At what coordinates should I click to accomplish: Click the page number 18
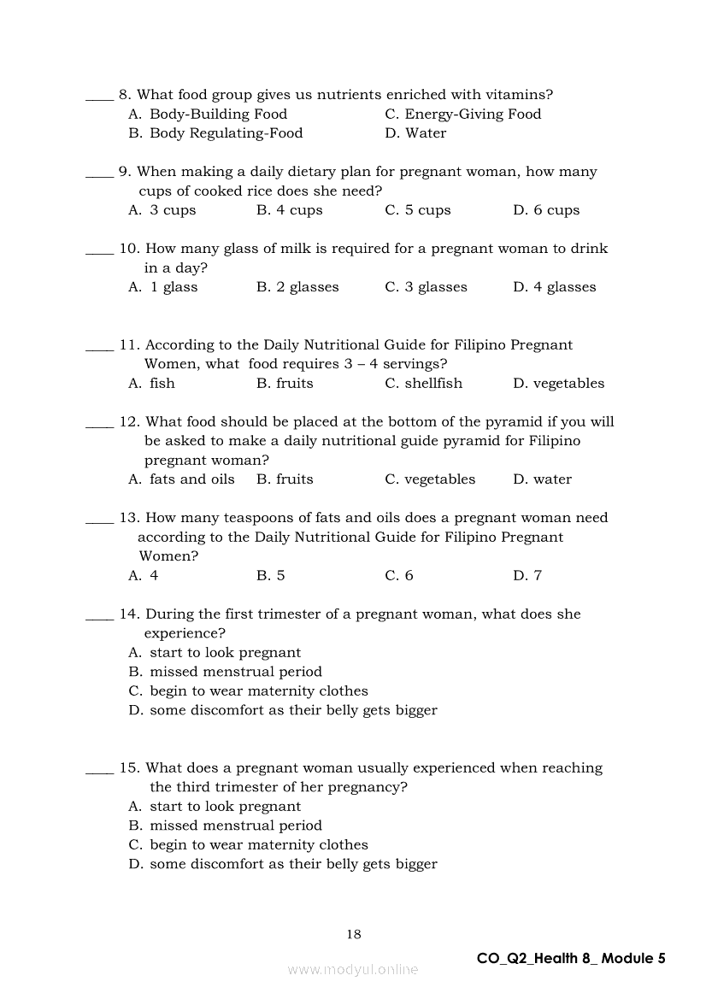click(x=354, y=934)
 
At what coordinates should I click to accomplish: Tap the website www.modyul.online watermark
click(x=353, y=969)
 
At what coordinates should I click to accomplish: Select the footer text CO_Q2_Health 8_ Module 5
click(x=571, y=958)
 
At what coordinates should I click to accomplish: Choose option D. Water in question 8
click(x=415, y=133)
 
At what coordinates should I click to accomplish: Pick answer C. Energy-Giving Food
click(x=462, y=115)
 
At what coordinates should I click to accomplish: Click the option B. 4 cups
click(x=289, y=210)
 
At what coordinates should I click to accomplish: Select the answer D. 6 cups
click(x=546, y=210)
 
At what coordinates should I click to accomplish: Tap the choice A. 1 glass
click(x=162, y=287)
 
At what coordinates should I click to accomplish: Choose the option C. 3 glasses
click(x=426, y=287)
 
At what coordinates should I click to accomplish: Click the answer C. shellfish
click(x=423, y=384)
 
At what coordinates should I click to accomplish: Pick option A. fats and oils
click(x=181, y=479)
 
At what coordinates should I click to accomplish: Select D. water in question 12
click(x=542, y=479)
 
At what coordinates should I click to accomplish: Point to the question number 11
click(x=129, y=345)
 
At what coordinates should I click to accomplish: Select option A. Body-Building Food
click(x=208, y=115)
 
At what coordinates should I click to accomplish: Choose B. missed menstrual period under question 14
click(x=225, y=672)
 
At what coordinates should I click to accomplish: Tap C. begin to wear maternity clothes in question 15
click(x=248, y=845)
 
